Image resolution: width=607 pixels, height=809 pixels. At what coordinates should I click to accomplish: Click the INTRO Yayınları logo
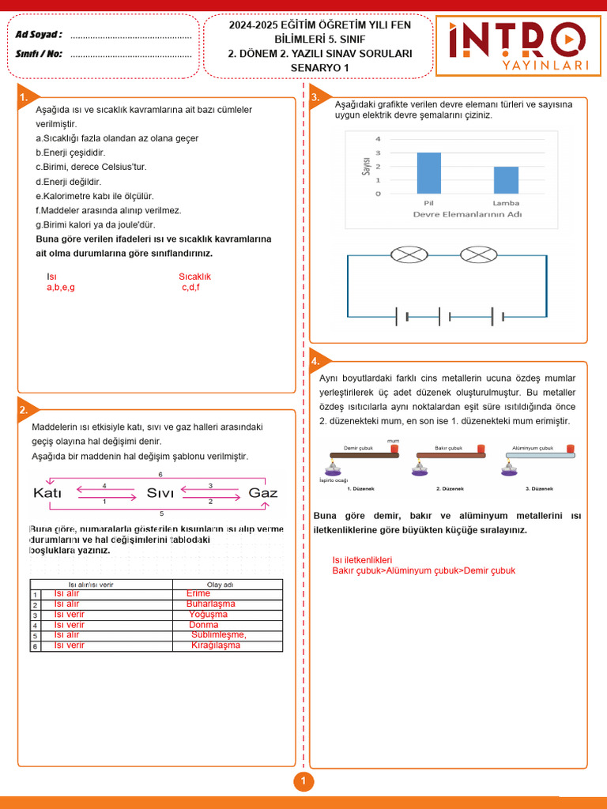click(518, 46)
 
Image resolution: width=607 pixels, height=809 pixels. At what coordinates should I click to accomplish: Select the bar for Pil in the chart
click(429, 173)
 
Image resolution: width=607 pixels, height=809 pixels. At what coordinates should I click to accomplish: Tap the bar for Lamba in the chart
click(506, 180)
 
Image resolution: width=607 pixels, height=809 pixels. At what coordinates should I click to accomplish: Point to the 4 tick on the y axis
click(378, 139)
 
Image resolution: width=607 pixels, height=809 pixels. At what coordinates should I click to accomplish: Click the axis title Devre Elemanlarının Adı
click(467, 214)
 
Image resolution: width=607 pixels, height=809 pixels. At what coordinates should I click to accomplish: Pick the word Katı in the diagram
click(47, 493)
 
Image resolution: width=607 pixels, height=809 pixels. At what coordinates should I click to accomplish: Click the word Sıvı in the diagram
click(160, 493)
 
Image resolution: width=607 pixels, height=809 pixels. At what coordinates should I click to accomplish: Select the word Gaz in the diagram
click(263, 493)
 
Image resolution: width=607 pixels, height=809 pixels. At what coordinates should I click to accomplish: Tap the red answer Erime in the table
click(198, 593)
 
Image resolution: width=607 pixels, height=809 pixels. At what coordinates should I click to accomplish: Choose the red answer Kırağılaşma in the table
click(215, 645)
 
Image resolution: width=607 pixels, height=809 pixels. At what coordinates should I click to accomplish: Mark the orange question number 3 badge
click(315, 97)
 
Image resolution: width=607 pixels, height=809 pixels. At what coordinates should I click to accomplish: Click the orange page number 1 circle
click(303, 782)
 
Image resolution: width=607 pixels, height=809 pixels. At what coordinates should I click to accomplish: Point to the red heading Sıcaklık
click(194, 277)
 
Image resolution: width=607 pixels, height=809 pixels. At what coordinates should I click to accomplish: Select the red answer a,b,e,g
click(61, 288)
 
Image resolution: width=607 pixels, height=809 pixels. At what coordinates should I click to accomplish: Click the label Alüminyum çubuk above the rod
click(533, 447)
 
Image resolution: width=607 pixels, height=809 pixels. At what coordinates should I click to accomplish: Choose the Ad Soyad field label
click(39, 35)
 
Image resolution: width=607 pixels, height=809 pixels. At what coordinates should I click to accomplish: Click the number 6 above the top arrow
click(160, 474)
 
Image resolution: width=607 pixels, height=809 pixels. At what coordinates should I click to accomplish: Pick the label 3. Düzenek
click(539, 489)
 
